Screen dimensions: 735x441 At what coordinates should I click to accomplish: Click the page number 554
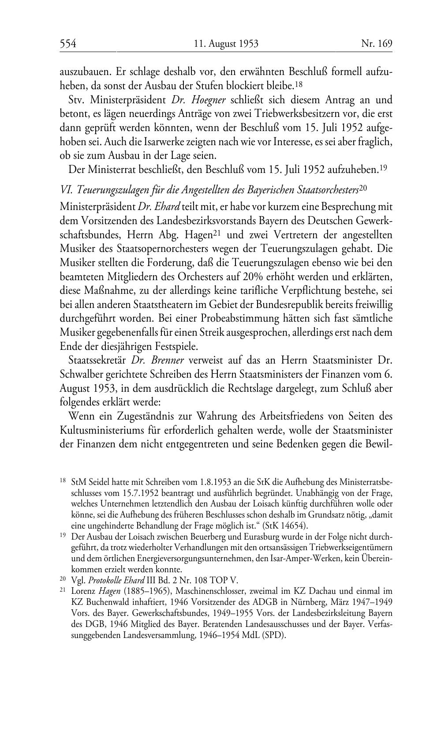pyautogui.click(x=68, y=44)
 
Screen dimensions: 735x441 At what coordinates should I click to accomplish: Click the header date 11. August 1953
pyautogui.click(x=226, y=44)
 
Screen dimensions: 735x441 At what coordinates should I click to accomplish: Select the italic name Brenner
pyautogui.click(x=168, y=360)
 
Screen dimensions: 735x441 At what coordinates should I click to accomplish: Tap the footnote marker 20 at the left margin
pyautogui.click(x=63, y=579)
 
